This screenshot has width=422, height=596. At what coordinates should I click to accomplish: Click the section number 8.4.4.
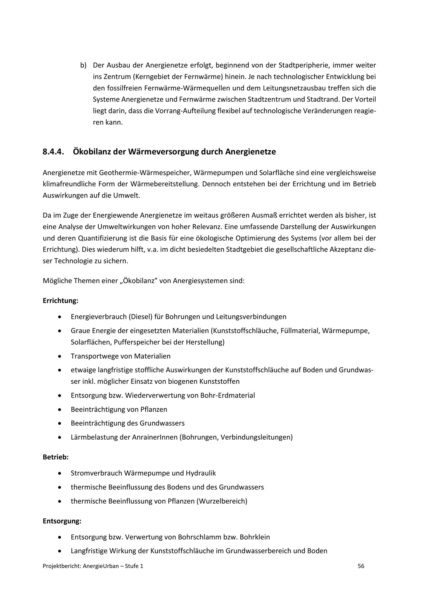pyautogui.click(x=53, y=152)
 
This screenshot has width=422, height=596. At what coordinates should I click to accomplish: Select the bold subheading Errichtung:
pyautogui.click(x=61, y=301)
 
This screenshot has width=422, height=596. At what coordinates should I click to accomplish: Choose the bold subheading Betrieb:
pyautogui.click(x=56, y=457)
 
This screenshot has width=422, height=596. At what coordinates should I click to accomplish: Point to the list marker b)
pyautogui.click(x=83, y=65)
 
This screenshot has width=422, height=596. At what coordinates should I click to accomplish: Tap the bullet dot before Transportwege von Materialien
pyautogui.click(x=60, y=356)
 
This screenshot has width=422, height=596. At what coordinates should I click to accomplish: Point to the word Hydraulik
pyautogui.click(x=201, y=473)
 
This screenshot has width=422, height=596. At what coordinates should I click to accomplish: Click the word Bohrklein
pyautogui.click(x=255, y=537)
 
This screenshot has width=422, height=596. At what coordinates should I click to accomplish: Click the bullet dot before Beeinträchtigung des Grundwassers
pyautogui.click(x=60, y=423)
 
